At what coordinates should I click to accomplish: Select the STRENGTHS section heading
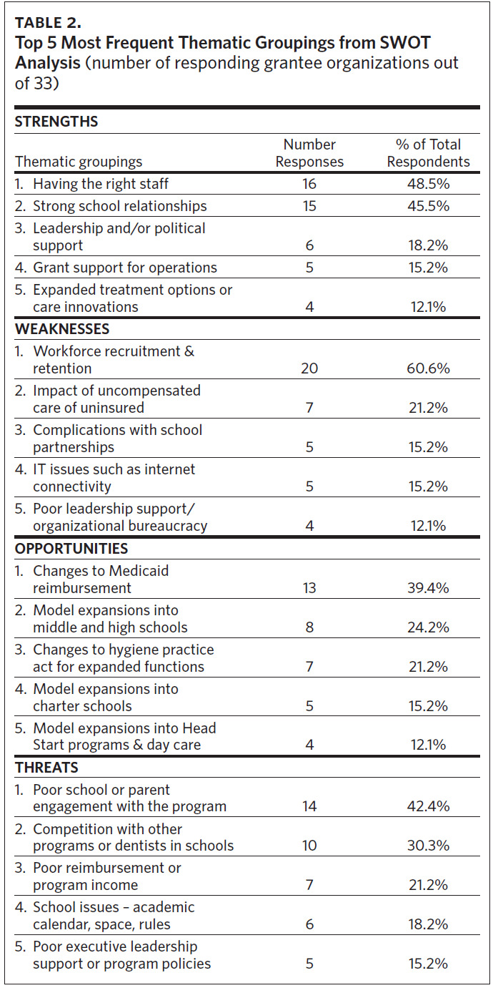click(56, 122)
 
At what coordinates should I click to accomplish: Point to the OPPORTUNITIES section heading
click(71, 549)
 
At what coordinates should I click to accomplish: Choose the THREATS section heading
click(46, 768)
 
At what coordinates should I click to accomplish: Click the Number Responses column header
click(309, 153)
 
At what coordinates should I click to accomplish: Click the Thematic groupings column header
click(79, 162)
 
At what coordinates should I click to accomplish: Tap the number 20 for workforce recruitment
click(309, 369)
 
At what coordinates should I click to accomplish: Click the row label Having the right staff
click(100, 184)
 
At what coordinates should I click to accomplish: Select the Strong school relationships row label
click(119, 206)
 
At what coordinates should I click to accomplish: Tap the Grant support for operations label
click(124, 268)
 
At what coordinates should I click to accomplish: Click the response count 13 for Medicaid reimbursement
click(309, 588)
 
